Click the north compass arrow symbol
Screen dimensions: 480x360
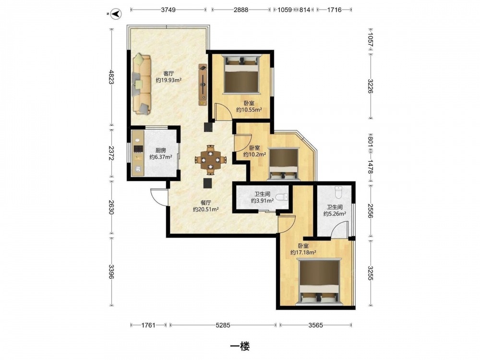[x=116, y=14]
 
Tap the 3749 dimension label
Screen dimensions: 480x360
[x=168, y=10]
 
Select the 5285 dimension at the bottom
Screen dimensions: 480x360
[x=223, y=325]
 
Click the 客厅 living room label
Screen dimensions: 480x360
[x=168, y=73]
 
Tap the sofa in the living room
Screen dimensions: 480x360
[x=142, y=84]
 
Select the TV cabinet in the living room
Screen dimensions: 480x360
[x=203, y=84]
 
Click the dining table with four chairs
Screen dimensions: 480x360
[x=211, y=160]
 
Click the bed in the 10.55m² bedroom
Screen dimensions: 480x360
[x=242, y=73]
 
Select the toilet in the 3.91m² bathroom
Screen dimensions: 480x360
[x=282, y=197]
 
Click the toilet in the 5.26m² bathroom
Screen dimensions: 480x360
[x=338, y=192]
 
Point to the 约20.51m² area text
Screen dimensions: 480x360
[x=206, y=209]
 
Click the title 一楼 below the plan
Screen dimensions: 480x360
[x=240, y=346]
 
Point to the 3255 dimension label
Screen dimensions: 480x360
[x=371, y=273]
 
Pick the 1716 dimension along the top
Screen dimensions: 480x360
[x=334, y=10]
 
